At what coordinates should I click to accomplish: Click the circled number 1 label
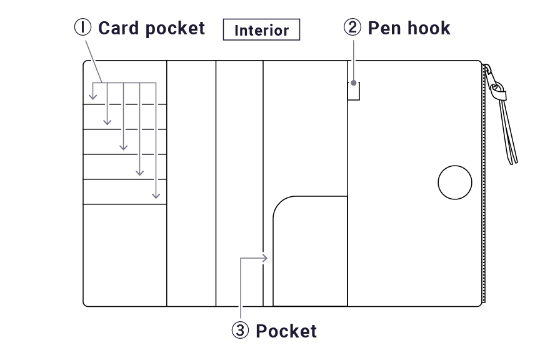tap(83, 27)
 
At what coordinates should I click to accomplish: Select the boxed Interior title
tap(261, 30)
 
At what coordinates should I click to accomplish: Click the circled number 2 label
tap(352, 27)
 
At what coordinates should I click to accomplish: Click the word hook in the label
tap(427, 28)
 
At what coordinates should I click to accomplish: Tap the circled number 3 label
tap(240, 331)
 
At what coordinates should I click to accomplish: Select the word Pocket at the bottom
tap(286, 331)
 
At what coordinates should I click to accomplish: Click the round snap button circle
tap(455, 183)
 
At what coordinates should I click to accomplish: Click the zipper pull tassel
tap(508, 134)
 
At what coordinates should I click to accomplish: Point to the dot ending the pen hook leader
tap(354, 82)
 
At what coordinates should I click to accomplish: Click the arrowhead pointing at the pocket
tap(266, 257)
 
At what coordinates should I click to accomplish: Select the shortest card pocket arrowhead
tap(92, 96)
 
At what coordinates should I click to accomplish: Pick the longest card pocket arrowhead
tap(156, 196)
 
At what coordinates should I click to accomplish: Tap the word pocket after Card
tap(177, 28)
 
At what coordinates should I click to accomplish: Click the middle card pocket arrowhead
tap(124, 147)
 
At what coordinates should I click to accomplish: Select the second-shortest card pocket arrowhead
tap(107, 121)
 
